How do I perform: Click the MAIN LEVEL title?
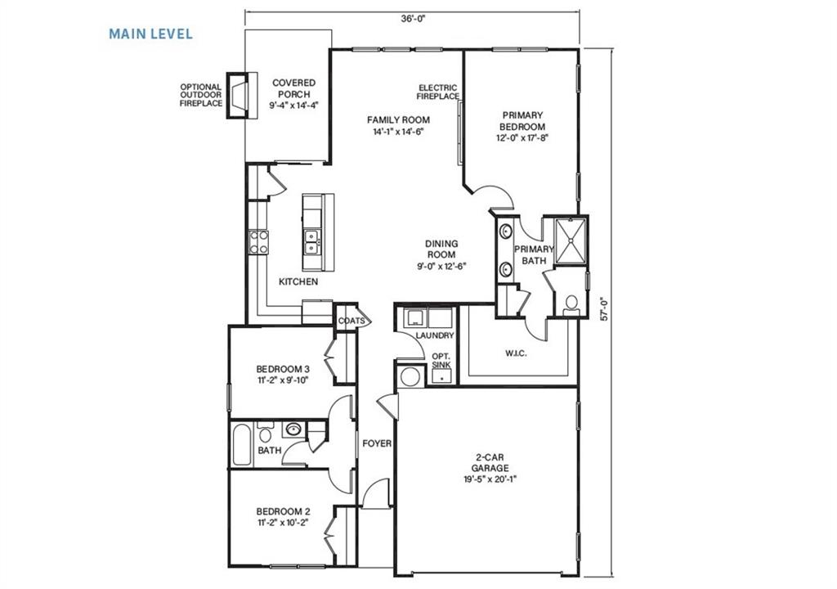click(151, 34)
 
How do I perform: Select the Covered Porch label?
click(293, 88)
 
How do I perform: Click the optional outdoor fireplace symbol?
click(237, 97)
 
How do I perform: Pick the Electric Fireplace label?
click(438, 92)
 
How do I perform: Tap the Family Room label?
click(398, 120)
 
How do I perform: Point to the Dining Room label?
click(441, 249)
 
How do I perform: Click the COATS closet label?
click(351, 321)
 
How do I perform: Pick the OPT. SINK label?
click(441, 361)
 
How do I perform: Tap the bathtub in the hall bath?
click(241, 444)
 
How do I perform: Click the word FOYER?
click(377, 443)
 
